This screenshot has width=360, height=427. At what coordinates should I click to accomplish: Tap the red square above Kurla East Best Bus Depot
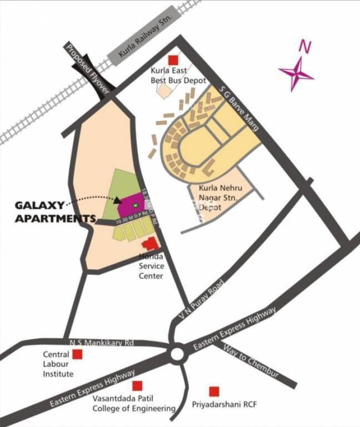(x=174, y=59)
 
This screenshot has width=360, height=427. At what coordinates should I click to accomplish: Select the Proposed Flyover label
(x=87, y=69)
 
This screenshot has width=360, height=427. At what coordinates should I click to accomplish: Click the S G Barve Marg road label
(x=239, y=108)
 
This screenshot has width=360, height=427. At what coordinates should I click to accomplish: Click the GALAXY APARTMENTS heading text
(x=54, y=211)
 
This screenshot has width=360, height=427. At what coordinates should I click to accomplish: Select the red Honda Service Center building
(x=149, y=244)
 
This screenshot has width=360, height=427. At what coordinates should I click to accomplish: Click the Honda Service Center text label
(x=151, y=266)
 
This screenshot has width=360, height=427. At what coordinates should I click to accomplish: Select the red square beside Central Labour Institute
(x=78, y=354)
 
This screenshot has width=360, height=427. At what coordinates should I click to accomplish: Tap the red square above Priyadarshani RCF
(x=214, y=392)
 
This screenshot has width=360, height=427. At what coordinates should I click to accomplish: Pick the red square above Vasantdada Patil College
(x=137, y=385)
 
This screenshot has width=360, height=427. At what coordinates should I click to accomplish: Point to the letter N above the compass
(x=304, y=47)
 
